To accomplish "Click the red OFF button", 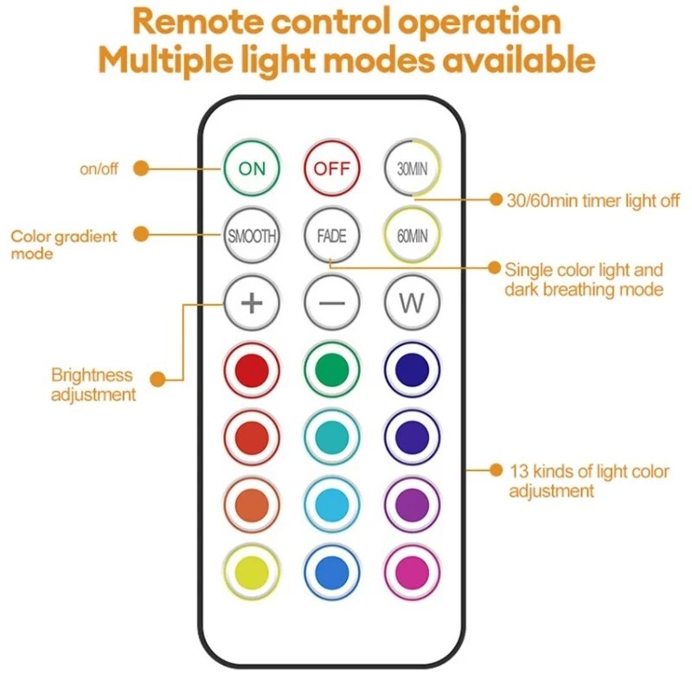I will click(x=332, y=169).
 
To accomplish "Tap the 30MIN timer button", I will click(x=413, y=169).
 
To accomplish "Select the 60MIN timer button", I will click(x=413, y=235).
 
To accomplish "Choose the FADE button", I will click(x=332, y=235).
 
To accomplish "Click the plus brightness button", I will click(x=252, y=304).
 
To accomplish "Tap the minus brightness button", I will click(x=332, y=304).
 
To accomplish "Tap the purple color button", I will click(x=413, y=503).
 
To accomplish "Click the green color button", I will click(x=332, y=369).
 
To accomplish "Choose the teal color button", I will click(x=332, y=437).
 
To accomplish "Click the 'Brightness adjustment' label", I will click(x=93, y=385).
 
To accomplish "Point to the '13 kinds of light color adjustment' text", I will click(x=588, y=481).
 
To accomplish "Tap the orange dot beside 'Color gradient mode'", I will click(x=144, y=234).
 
